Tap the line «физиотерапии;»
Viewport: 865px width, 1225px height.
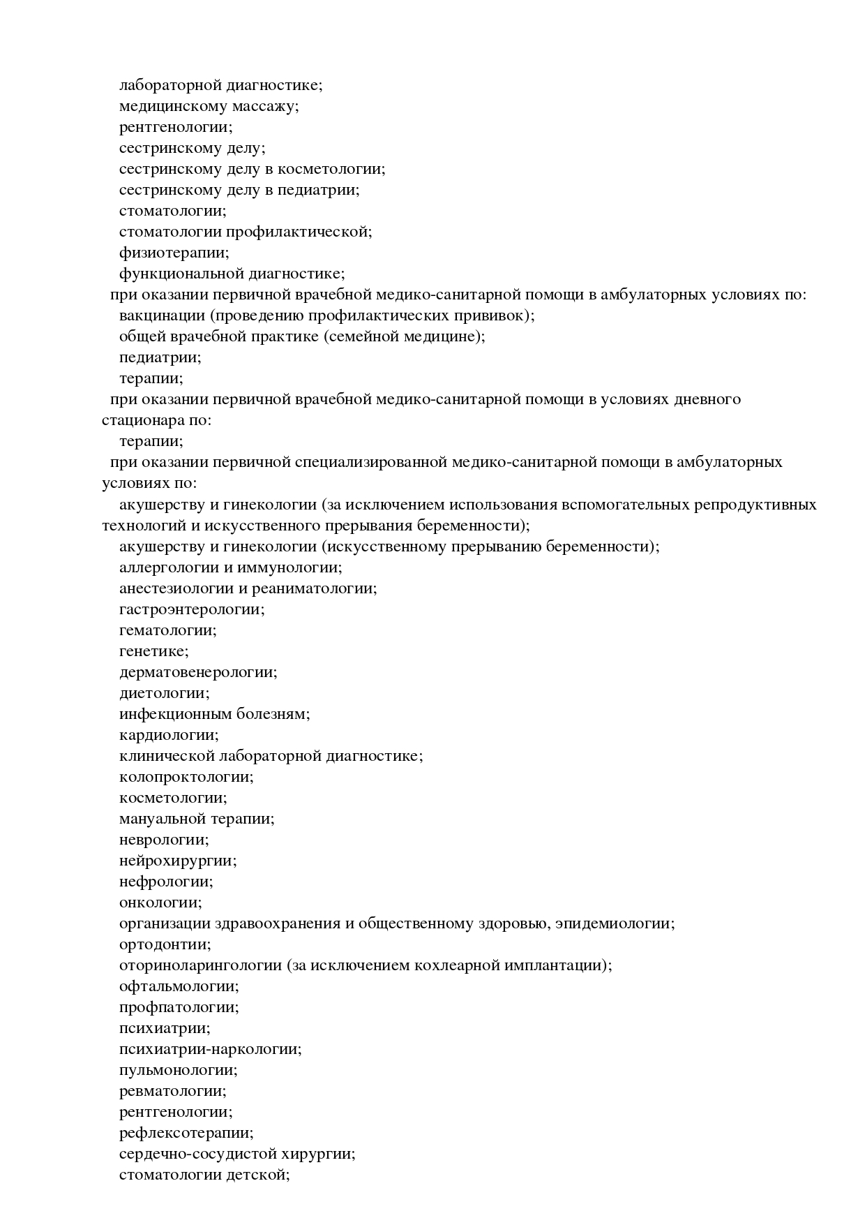(x=174, y=253)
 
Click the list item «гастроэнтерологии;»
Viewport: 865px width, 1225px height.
(x=192, y=609)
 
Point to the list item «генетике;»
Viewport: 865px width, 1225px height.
(x=153, y=651)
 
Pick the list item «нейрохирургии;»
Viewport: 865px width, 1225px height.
(x=177, y=861)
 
